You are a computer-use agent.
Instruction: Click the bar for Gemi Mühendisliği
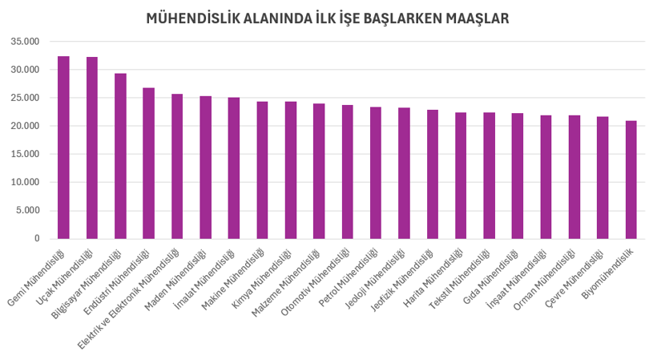tap(63, 148)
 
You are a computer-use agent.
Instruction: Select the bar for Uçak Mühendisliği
tap(92, 148)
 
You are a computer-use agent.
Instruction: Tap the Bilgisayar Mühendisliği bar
tap(120, 156)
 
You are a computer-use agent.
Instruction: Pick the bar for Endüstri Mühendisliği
tap(149, 164)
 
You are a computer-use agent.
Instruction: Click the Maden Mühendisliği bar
tap(206, 168)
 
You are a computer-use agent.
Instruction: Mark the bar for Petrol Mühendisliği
tap(376, 173)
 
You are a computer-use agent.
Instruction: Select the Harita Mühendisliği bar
tap(461, 176)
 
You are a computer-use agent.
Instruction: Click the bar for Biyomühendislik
tap(631, 180)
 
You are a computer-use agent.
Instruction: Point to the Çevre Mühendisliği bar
tap(603, 178)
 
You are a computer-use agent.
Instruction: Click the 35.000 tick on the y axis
tap(26, 42)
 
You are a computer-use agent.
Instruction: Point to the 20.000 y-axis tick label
tap(26, 126)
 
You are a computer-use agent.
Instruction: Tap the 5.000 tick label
tap(28, 211)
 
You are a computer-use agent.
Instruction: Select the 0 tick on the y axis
tap(36, 239)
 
